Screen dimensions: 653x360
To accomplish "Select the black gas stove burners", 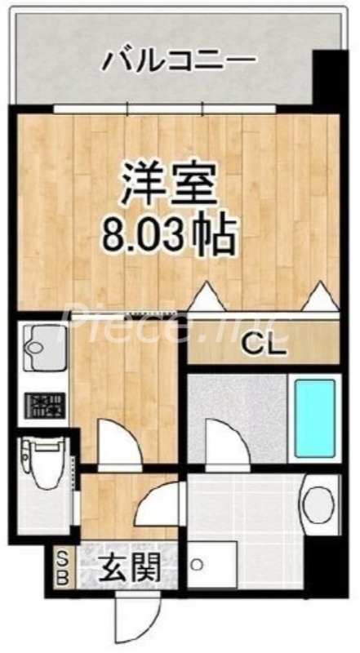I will point(42,405).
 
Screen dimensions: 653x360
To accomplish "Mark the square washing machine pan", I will point(211,563).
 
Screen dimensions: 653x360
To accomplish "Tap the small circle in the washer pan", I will point(196,564).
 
